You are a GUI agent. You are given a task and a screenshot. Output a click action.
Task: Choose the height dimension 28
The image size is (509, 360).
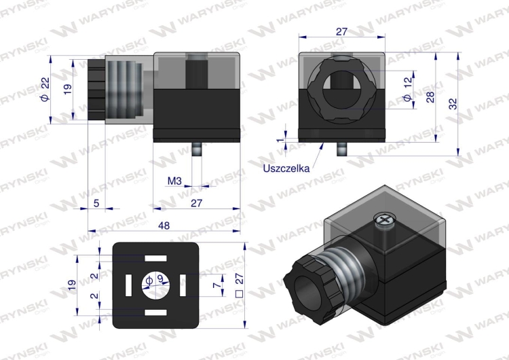(430, 96)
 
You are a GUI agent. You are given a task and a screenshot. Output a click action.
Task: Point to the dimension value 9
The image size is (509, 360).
(160, 278)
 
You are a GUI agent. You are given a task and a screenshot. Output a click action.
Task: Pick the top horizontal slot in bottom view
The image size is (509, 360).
(155, 259)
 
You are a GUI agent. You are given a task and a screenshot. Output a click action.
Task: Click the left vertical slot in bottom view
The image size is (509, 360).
(126, 281)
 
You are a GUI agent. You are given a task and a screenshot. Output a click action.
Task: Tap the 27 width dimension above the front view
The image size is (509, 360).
(341, 31)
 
